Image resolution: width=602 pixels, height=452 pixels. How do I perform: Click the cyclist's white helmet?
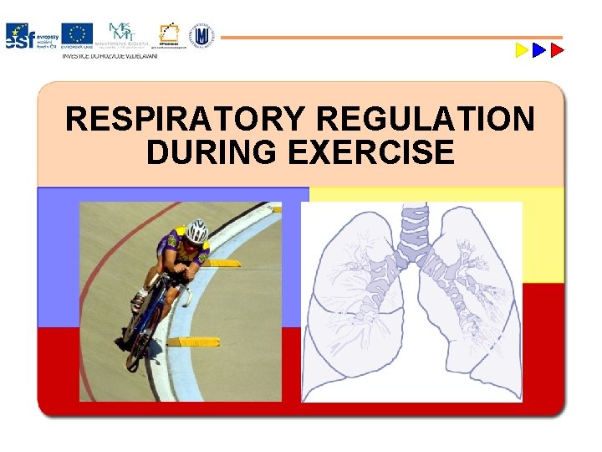click(196, 230)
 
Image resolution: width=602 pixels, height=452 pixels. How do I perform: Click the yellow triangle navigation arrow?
click(521, 50)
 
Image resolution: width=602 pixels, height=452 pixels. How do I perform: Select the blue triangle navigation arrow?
click(539, 50)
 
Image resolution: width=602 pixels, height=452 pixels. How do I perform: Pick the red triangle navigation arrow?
click(558, 50)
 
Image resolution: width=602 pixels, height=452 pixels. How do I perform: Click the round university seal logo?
click(202, 35)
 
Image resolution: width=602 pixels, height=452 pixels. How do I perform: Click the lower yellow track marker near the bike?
click(194, 342)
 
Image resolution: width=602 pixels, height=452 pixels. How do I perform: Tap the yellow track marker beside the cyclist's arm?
click(222, 263)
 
